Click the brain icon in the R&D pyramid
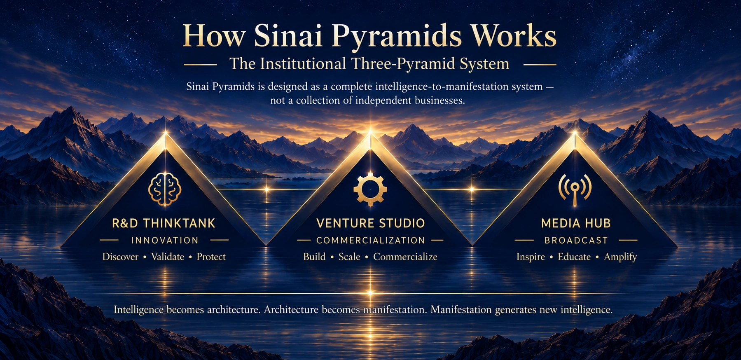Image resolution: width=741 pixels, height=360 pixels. click(165, 189)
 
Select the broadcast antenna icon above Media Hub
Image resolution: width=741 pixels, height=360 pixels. click(575, 189)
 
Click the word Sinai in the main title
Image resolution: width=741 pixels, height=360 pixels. click(288, 36)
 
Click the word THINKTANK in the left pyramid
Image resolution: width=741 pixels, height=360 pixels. click(179, 223)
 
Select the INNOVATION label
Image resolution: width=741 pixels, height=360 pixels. click(165, 240)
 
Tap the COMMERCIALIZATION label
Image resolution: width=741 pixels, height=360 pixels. click(370, 240)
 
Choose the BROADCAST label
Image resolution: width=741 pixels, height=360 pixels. click(576, 240)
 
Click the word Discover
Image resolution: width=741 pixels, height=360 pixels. click(120, 257)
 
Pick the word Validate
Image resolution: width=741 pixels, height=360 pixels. click(168, 257)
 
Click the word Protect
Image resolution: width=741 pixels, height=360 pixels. click(211, 257)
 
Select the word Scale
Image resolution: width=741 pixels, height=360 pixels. click(349, 257)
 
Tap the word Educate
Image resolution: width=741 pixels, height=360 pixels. click(574, 257)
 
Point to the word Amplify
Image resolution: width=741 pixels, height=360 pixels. click(620, 257)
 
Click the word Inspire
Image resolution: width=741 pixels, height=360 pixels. click(531, 257)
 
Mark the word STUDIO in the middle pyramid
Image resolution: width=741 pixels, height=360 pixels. click(402, 223)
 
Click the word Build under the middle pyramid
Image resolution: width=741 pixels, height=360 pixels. click(314, 257)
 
